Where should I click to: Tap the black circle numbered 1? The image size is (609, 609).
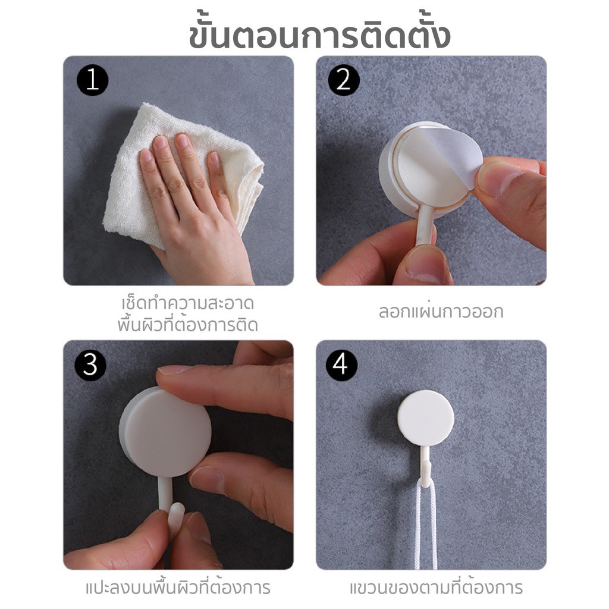pos(92,80)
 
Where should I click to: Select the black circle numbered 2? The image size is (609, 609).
pos(344,80)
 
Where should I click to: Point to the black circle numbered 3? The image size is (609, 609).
pos(90,365)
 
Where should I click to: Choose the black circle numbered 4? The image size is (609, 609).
pos(342,365)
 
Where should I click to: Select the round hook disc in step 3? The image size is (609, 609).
pos(165,433)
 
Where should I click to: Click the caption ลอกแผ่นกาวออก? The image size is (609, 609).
pos(441,312)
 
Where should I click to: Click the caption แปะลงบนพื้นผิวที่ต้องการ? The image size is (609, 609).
pos(178,587)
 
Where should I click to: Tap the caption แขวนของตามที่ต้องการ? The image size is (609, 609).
pos(436,587)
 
